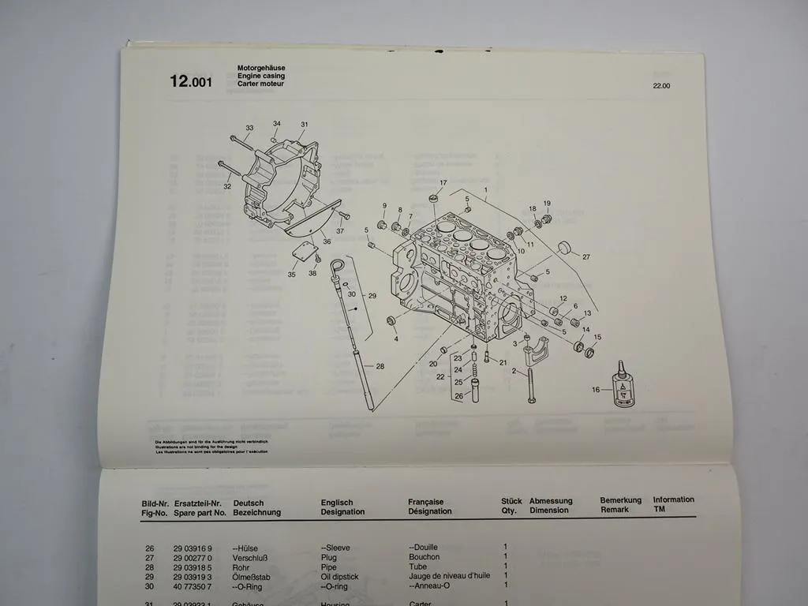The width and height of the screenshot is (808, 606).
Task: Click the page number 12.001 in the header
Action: [190, 80]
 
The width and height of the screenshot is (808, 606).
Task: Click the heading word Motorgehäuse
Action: [261, 69]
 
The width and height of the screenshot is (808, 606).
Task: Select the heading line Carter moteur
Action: [260, 84]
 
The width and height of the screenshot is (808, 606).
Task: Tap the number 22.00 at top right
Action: [661, 86]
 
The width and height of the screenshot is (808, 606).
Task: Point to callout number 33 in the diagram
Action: [249, 128]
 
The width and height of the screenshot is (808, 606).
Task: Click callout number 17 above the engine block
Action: [443, 183]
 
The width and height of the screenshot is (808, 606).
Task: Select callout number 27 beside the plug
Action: [586, 256]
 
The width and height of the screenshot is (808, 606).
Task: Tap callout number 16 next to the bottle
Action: [596, 389]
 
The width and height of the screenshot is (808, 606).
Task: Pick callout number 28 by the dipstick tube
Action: [380, 366]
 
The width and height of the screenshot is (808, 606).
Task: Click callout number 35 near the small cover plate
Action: [291, 275]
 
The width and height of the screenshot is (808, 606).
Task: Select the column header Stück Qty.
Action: [511, 505]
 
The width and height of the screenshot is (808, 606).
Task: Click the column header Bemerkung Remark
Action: [619, 504]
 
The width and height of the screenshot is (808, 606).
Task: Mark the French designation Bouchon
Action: [424, 557]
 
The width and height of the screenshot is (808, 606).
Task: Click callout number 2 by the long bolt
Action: [514, 370]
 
